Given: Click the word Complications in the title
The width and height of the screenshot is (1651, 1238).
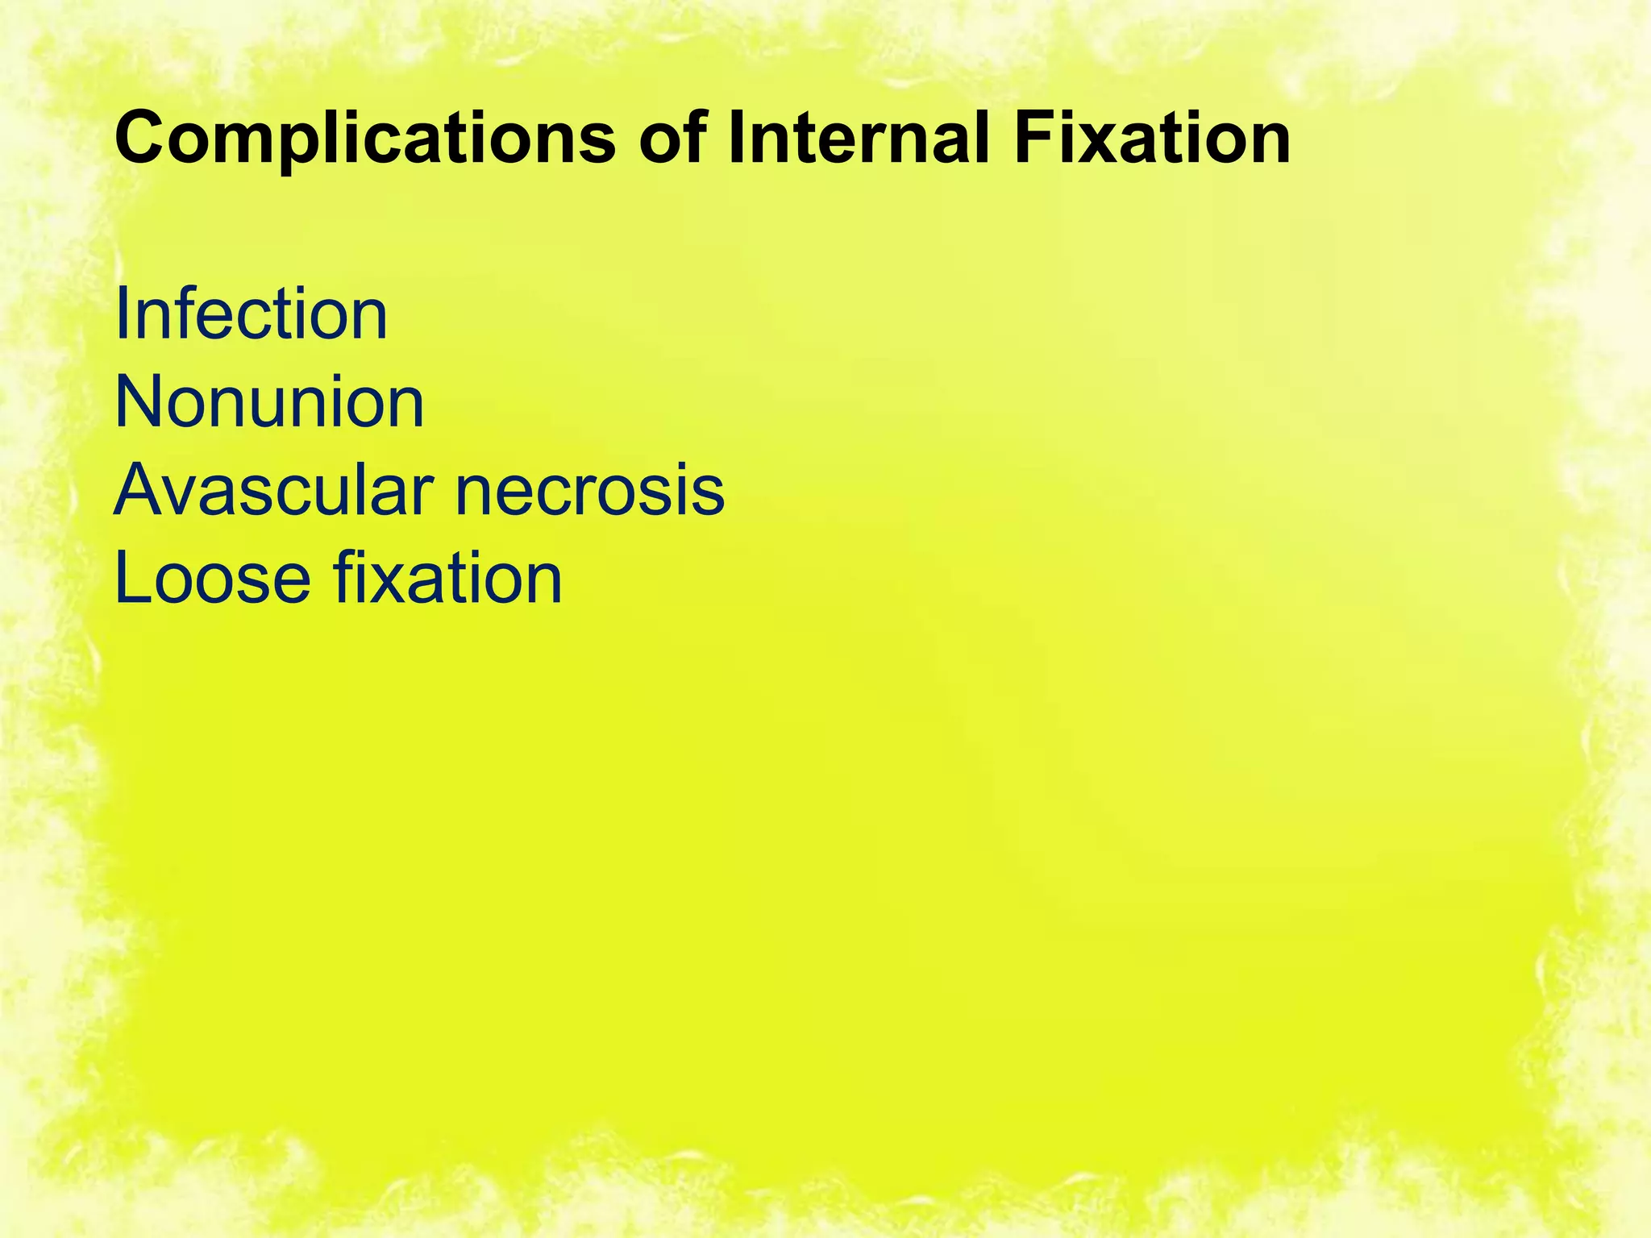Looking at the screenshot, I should click(x=367, y=139).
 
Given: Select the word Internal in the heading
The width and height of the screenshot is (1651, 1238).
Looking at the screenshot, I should click(x=858, y=139).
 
